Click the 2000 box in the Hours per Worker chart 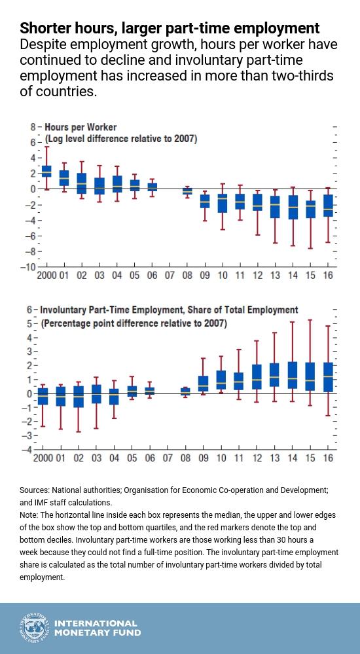46,171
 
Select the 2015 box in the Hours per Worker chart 310,209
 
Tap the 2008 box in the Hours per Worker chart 187,191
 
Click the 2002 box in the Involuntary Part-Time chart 79,397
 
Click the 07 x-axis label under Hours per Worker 170,276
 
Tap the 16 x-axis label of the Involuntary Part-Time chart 329,458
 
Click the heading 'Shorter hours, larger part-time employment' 170,28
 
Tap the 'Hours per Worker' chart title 81,126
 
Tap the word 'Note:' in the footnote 29,515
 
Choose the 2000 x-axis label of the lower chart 43,458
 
